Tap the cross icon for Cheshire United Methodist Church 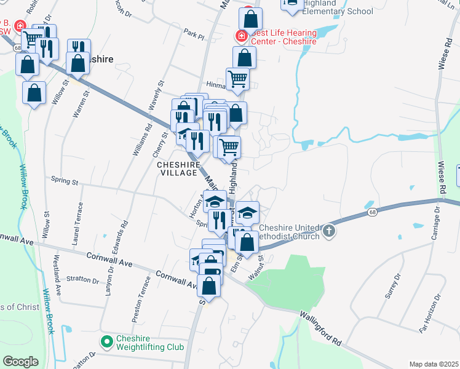tap(329, 231)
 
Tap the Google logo tap(20, 362)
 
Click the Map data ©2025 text tap(434, 364)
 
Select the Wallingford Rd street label tap(323, 328)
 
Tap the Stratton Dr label tap(82, 279)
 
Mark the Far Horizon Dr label tap(430, 313)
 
